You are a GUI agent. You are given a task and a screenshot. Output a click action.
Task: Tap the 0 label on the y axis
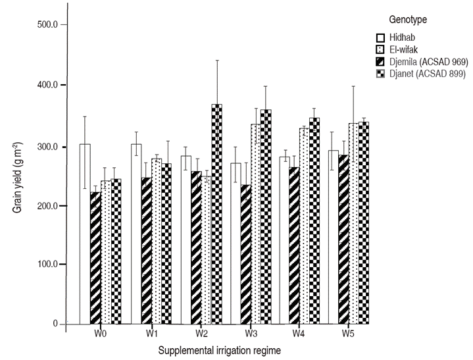point(55,324)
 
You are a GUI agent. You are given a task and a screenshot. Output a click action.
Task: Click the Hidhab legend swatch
point(380,37)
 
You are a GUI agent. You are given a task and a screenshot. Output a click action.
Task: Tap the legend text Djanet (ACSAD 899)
point(426,73)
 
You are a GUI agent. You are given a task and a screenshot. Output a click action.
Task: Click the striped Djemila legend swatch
point(380,61)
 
